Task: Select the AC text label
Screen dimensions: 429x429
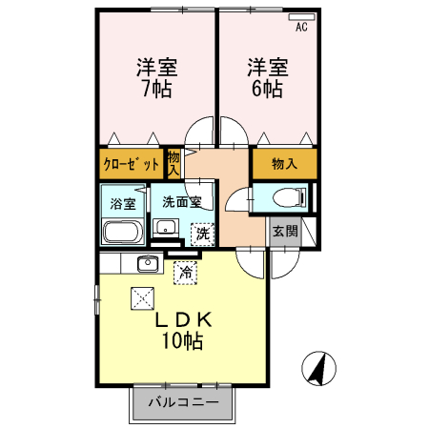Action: (x=301, y=27)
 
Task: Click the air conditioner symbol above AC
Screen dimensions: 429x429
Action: (x=301, y=16)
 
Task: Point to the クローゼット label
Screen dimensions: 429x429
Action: (x=132, y=164)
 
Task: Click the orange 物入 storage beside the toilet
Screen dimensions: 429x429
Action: (x=284, y=163)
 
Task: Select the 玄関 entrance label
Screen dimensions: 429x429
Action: (x=284, y=232)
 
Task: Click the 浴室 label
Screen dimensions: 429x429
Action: (x=122, y=203)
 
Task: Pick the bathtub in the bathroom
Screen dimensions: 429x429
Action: (x=122, y=232)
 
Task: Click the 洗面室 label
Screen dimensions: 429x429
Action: (x=180, y=201)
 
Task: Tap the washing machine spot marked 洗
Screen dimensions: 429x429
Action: (x=202, y=232)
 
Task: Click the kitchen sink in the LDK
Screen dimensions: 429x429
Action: (x=147, y=264)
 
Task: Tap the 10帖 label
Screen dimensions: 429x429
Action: (x=181, y=341)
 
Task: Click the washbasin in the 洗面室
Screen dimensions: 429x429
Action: (x=164, y=228)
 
